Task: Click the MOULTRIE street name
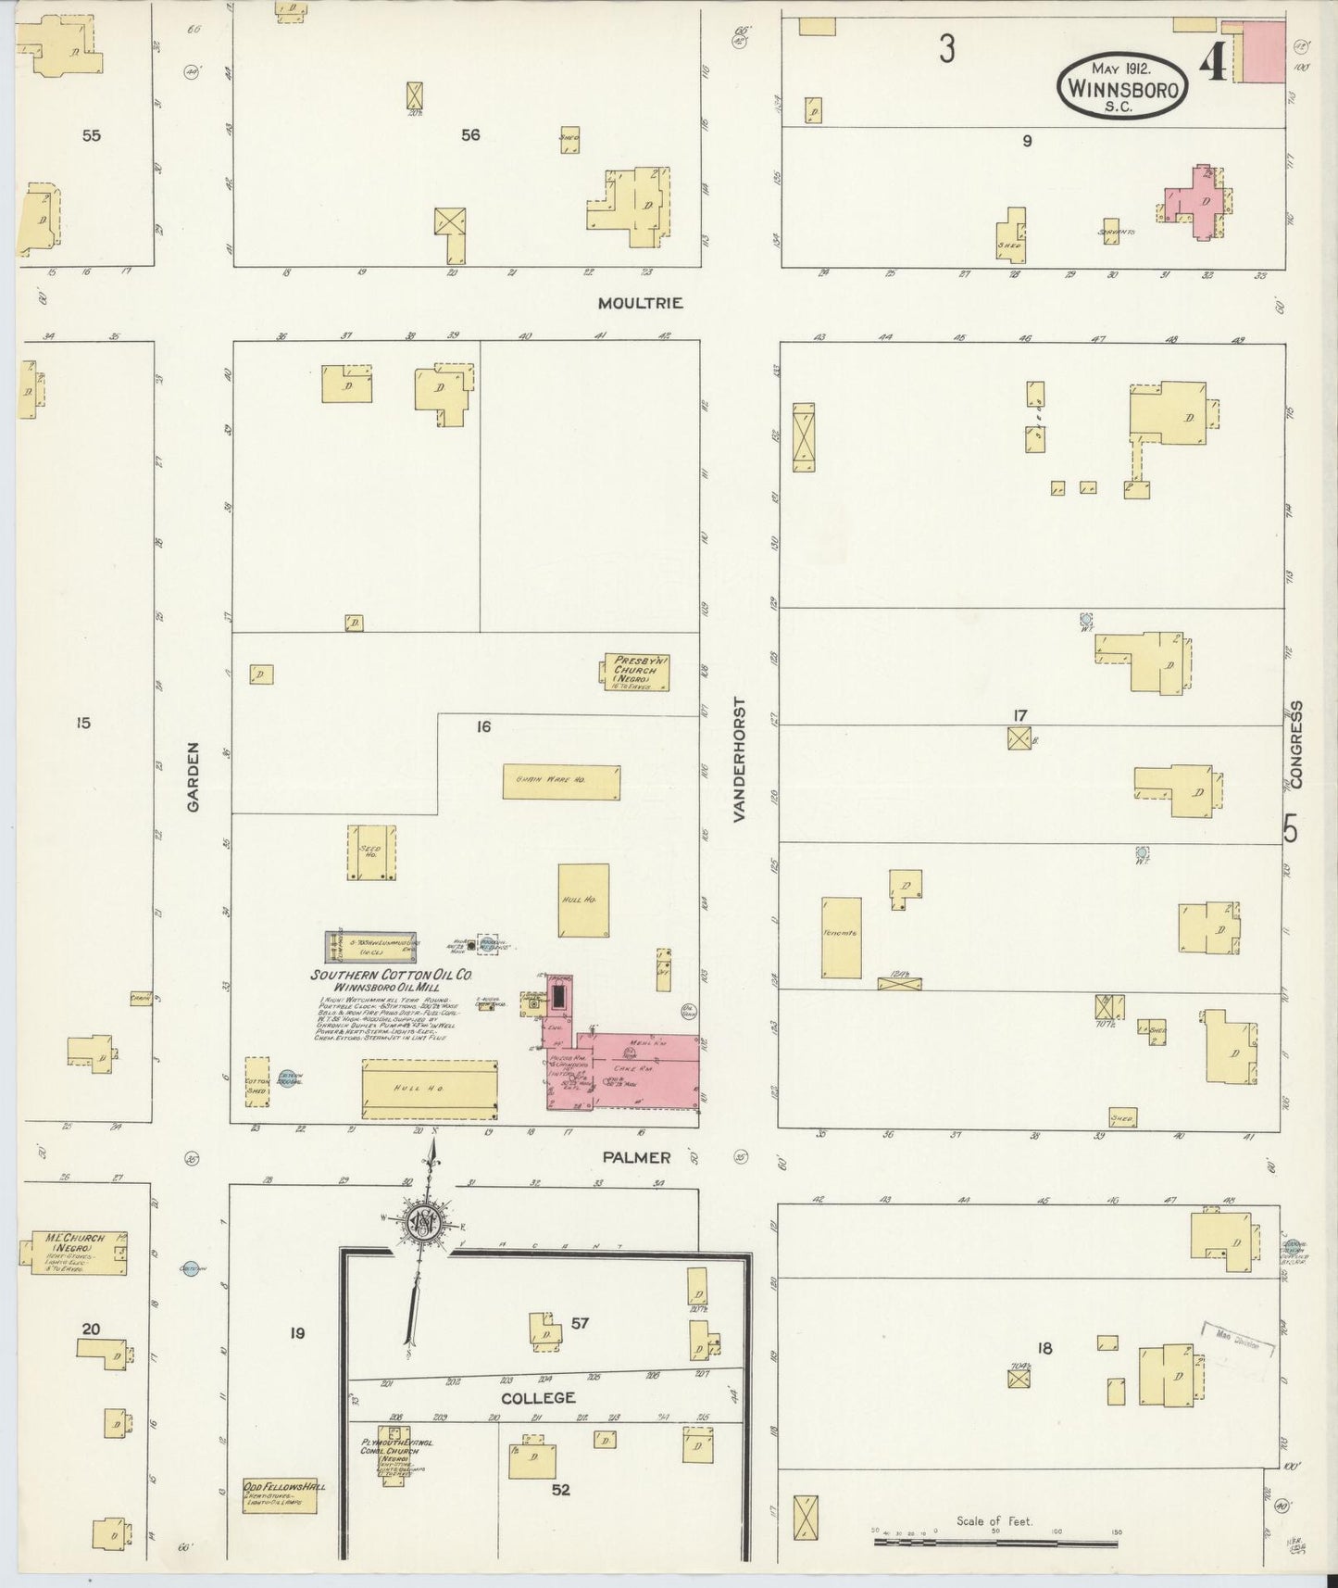point(640,303)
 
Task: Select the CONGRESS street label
point(1296,744)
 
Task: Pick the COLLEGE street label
point(538,1397)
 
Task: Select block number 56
point(470,135)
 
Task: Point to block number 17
point(1019,714)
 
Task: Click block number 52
point(560,1490)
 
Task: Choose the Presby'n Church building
point(637,672)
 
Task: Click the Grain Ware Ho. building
point(561,781)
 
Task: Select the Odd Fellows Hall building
point(279,1495)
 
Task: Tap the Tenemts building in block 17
point(841,937)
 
